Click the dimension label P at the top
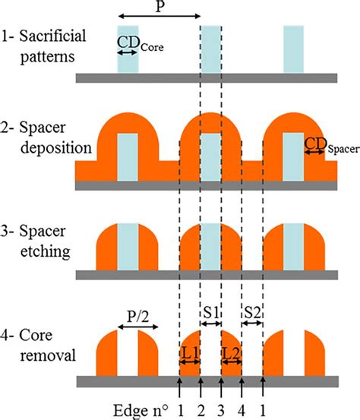click(159, 7)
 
